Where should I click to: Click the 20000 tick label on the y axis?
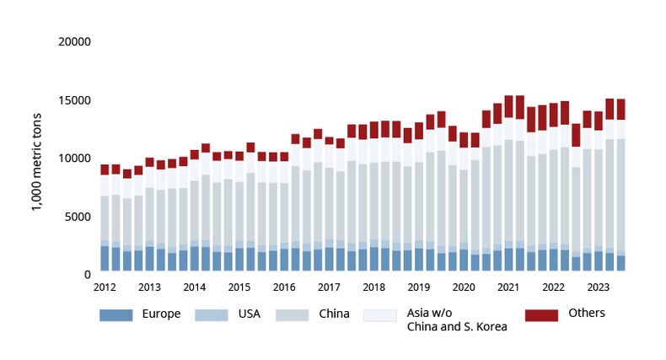point(74,41)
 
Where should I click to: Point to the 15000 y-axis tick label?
point(74,99)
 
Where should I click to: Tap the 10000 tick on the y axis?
point(74,158)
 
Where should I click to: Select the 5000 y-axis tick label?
point(78,216)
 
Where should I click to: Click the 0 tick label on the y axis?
point(87,274)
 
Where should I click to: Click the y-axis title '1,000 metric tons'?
point(38,158)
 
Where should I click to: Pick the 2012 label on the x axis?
point(105,287)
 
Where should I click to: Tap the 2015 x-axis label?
point(239,287)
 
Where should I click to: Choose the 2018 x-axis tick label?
point(373,287)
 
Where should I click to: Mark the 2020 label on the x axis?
point(463,287)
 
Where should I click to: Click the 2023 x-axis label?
point(598,287)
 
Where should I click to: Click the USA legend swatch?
point(212,315)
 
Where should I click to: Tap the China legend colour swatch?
point(296,315)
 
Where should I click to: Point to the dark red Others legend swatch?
point(542,315)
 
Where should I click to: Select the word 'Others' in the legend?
point(587,313)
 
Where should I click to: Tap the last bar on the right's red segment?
point(620,109)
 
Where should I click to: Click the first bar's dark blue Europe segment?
point(105,259)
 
